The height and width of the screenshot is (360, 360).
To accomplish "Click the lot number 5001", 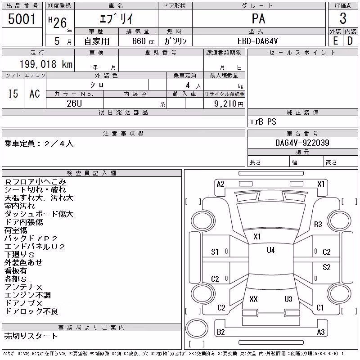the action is pyautogui.click(x=22, y=18).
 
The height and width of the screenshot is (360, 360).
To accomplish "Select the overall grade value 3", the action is pyautogui.click(x=343, y=18).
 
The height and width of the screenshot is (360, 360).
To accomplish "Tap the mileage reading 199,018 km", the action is pyautogui.click(x=46, y=64).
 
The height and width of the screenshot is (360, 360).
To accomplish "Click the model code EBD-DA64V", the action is pyautogui.click(x=257, y=41).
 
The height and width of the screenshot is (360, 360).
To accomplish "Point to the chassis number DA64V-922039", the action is pyautogui.click(x=302, y=143).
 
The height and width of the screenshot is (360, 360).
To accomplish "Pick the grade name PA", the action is pyautogui.click(x=258, y=18).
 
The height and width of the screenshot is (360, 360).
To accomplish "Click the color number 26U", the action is pyautogui.click(x=74, y=103).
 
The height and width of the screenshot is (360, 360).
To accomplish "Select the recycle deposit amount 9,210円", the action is pyautogui.click(x=229, y=103).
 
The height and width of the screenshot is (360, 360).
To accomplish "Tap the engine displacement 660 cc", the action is pyautogui.click(x=143, y=41).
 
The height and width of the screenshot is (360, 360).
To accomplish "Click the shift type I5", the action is pyautogui.click(x=13, y=94).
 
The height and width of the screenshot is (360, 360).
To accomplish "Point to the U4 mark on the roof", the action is pyautogui.click(x=271, y=250).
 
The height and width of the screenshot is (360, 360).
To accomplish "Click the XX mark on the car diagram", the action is pyautogui.click(x=253, y=299).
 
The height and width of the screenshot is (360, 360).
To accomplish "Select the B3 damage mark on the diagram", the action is pyautogui.click(x=318, y=224).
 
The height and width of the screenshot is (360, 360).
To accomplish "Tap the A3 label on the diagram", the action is pyautogui.click(x=321, y=332).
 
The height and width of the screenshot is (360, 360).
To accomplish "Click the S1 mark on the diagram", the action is pyautogui.click(x=215, y=252).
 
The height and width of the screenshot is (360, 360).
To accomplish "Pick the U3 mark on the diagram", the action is pyautogui.click(x=288, y=299).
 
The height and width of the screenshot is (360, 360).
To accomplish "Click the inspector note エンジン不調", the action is pyautogui.click(x=27, y=295).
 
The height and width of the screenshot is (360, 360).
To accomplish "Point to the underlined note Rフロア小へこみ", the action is pyautogui.click(x=36, y=182).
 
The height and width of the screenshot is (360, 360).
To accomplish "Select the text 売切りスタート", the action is pyautogui.click(x=31, y=336).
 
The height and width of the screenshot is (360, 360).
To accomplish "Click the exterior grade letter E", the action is pyautogui.click(x=335, y=41).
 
